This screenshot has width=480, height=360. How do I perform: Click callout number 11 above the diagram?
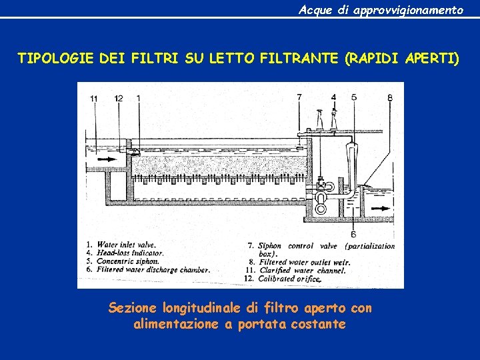click(94, 99)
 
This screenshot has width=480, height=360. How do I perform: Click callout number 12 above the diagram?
click(119, 99)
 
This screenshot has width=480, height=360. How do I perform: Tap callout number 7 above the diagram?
click(299, 97)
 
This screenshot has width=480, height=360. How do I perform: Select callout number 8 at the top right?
click(390, 97)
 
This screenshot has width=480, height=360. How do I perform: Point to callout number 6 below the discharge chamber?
click(353, 234)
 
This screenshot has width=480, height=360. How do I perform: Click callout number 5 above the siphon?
click(354, 97)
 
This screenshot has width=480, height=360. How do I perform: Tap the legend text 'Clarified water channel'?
click(303, 271)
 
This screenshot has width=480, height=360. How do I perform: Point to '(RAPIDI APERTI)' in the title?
click(402, 59)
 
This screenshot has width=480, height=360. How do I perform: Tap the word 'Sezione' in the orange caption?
click(131, 308)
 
